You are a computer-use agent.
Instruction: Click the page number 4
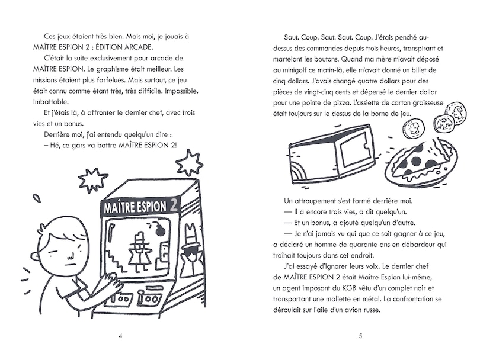121,336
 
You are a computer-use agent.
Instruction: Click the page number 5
360,336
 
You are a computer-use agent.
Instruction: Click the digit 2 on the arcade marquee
174,205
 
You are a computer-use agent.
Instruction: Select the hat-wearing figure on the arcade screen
142,249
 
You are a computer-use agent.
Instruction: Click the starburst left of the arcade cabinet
93,179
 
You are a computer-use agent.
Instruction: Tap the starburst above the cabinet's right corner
189,162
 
